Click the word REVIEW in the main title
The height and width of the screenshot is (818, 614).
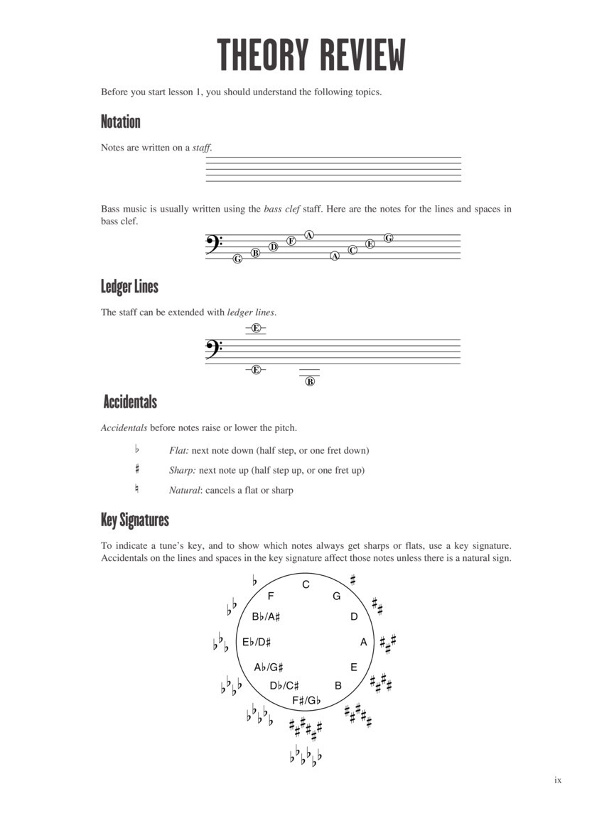tap(361, 55)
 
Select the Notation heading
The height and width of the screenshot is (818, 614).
tap(121, 121)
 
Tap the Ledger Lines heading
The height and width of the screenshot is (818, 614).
tap(129, 287)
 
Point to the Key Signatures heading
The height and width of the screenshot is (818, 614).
tap(135, 520)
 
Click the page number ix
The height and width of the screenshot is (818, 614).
tap(558, 780)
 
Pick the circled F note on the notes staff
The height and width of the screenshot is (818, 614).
tap(291, 241)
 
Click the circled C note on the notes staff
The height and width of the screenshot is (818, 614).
tap(352, 250)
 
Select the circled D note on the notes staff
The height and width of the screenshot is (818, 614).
tap(274, 247)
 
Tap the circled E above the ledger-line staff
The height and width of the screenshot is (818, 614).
tap(256, 328)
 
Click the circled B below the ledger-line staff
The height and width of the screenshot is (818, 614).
tap(310, 381)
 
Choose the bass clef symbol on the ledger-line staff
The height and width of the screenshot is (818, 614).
tap(214, 348)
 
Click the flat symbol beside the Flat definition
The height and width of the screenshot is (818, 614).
tap(137, 449)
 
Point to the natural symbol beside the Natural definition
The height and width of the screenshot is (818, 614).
tap(137, 489)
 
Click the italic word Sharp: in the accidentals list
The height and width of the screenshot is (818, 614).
tap(183, 470)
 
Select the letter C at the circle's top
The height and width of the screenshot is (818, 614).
tap(306, 584)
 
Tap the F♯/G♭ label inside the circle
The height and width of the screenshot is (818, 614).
tap(307, 700)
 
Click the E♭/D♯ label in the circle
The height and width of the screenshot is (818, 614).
tap(257, 642)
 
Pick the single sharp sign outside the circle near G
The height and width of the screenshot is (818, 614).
tap(353, 579)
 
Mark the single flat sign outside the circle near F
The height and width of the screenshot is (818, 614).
tap(254, 581)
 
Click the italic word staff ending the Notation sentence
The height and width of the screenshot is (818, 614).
tap(202, 148)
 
